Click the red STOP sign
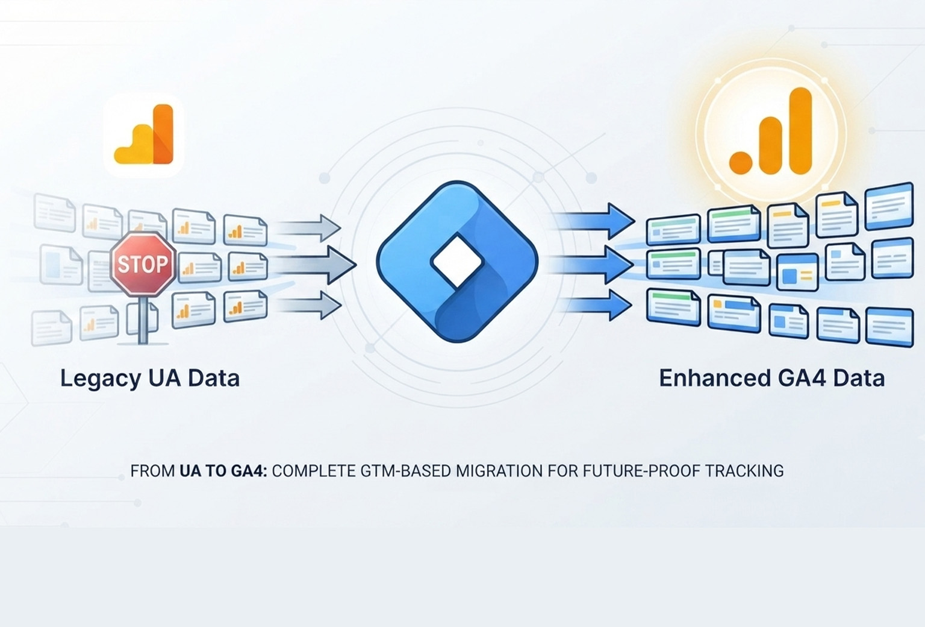point(143,264)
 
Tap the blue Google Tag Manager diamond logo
point(457,262)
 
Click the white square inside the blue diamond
point(456,262)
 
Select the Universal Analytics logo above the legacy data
point(144,134)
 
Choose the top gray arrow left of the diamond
point(308,228)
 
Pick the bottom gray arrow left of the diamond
point(308,305)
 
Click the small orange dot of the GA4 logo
point(740,162)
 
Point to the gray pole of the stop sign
point(143,320)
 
